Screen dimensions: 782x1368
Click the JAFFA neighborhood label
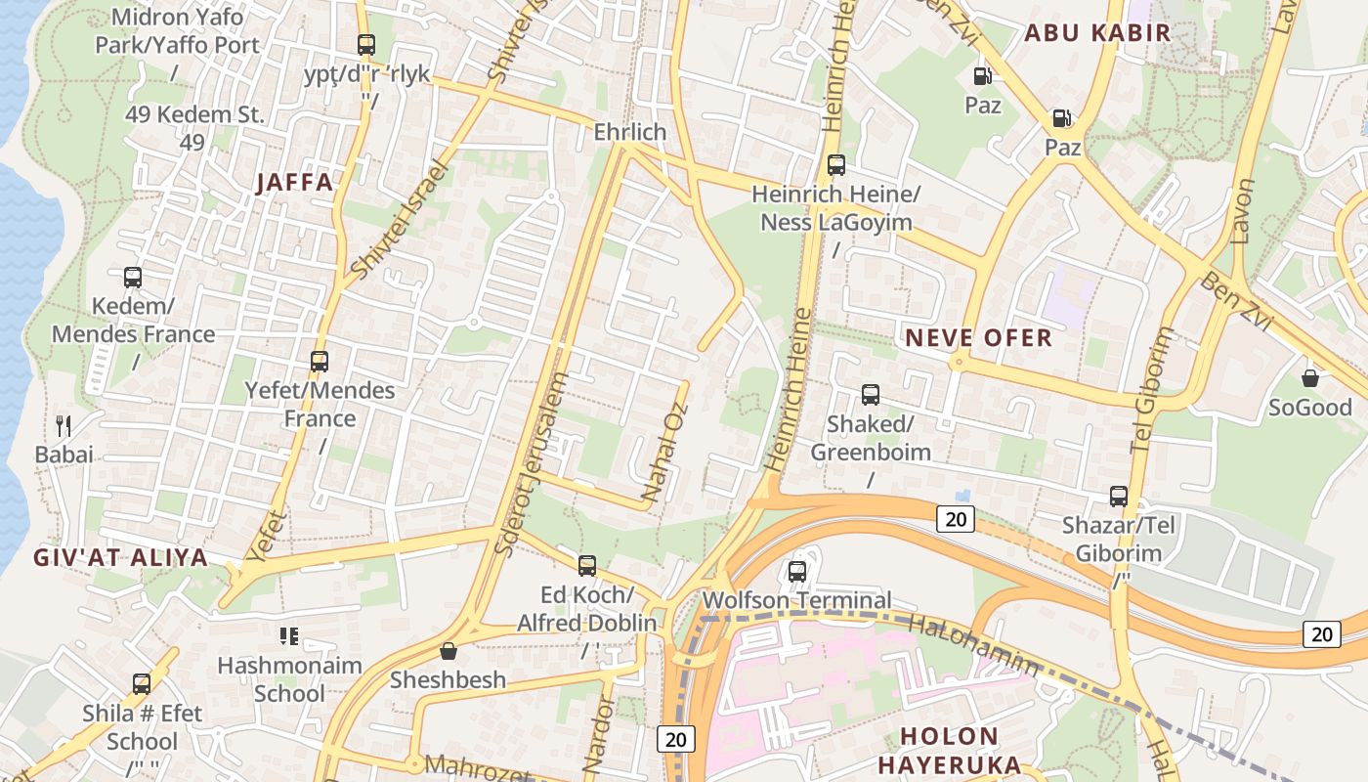[x=295, y=182]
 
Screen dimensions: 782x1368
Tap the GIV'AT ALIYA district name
[x=121, y=557]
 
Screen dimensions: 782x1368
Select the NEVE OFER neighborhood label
[x=978, y=338]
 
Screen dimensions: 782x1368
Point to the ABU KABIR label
[x=1097, y=32]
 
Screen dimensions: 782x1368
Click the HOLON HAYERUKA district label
[x=949, y=750]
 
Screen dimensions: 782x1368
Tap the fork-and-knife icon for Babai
[x=64, y=425]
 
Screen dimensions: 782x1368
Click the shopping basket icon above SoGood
[x=1310, y=377]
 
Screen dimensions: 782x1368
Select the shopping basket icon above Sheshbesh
[x=449, y=650]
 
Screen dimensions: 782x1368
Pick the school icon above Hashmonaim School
[x=288, y=636]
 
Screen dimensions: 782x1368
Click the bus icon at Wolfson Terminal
[x=797, y=571]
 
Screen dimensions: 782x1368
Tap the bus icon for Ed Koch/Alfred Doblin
[x=586, y=565]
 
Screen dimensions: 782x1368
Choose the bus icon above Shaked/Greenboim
[x=870, y=395]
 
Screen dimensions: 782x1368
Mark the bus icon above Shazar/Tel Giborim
[x=1118, y=496]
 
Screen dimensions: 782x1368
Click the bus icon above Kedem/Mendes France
[x=133, y=277]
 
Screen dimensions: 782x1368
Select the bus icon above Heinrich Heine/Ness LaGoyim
[x=835, y=164]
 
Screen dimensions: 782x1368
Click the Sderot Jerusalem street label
[x=531, y=464]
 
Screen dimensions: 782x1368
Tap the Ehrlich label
[x=630, y=132]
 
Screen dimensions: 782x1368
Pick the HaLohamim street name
[x=973, y=645]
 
